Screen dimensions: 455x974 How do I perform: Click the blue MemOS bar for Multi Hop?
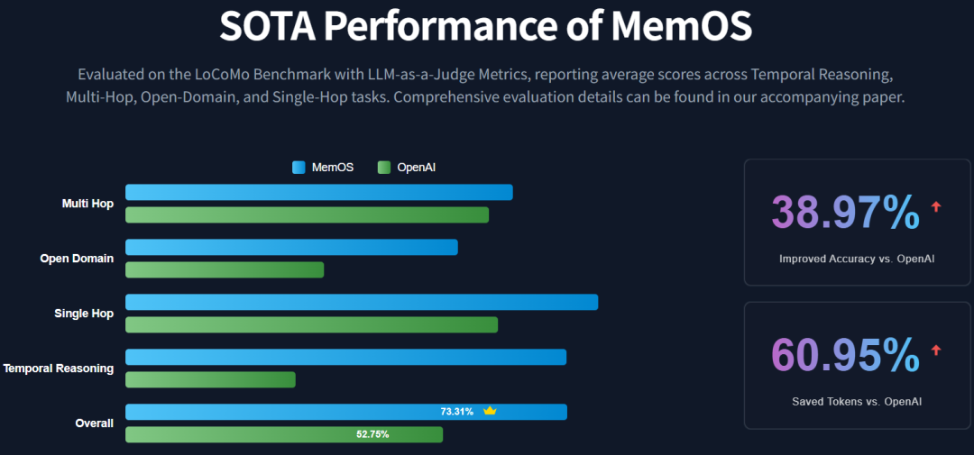click(318, 192)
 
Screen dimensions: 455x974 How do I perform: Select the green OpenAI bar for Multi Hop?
click(307, 214)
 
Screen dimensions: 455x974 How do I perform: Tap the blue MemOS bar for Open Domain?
click(291, 247)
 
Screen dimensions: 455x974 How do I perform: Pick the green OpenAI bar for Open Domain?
click(224, 269)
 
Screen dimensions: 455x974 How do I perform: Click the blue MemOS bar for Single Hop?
click(361, 302)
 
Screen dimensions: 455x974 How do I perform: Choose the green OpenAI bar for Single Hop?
click(311, 324)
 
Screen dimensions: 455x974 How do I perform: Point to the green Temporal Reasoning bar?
click(210, 379)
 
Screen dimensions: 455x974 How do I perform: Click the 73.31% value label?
click(456, 412)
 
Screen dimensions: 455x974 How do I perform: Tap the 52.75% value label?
click(372, 434)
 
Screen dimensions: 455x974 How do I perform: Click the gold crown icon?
click(490, 411)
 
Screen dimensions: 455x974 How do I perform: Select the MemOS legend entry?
click(323, 167)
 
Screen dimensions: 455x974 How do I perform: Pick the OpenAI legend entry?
click(407, 167)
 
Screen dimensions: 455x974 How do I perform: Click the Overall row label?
click(94, 423)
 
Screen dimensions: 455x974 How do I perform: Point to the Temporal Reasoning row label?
click(59, 368)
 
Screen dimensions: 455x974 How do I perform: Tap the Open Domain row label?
click(77, 259)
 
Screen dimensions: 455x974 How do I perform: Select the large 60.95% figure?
click(845, 354)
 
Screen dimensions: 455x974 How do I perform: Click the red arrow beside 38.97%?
click(936, 206)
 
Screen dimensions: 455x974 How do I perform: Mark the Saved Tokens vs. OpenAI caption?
click(857, 402)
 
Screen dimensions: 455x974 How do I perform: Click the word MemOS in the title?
click(681, 27)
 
